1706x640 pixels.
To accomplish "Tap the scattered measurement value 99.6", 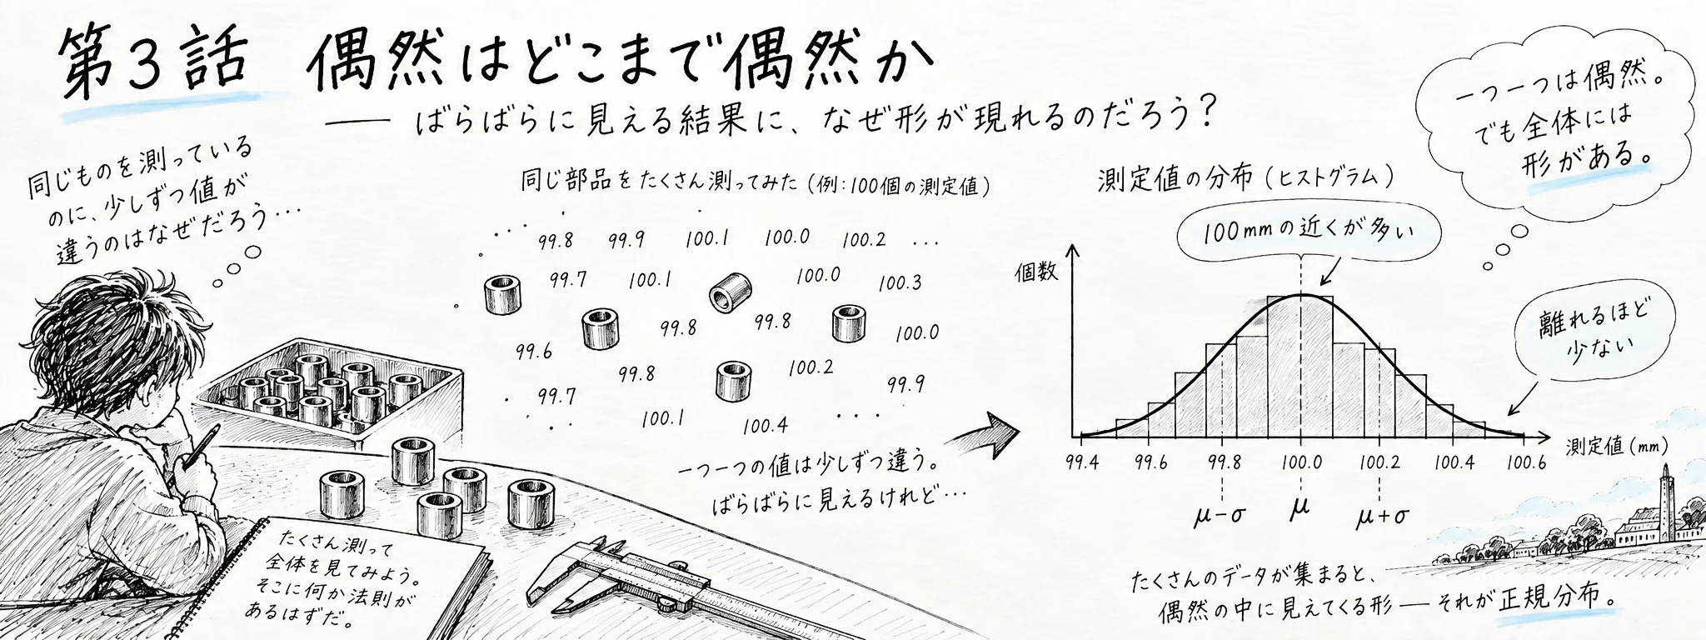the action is [x=534, y=352].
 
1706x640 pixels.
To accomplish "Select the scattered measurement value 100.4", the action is [x=766, y=426].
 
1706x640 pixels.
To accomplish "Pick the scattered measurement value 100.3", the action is [x=900, y=282].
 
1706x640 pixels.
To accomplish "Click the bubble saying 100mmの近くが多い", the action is [x=1309, y=231].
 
